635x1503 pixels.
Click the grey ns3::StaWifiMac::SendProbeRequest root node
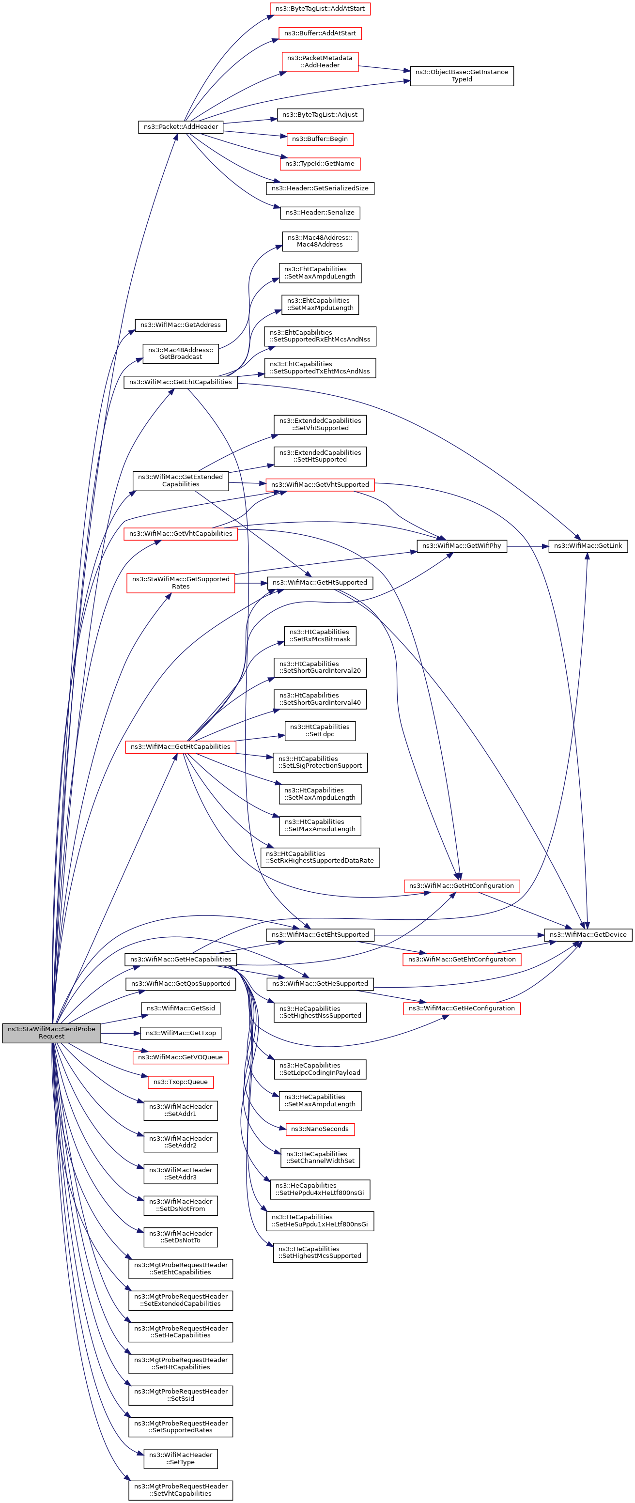(x=51, y=1033)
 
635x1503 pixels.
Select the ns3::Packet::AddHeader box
(x=180, y=126)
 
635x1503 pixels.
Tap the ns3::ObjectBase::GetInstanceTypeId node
(x=462, y=76)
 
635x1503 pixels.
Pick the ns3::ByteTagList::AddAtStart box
(x=320, y=9)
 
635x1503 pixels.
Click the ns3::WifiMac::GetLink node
(x=588, y=546)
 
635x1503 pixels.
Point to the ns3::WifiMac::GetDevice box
(x=588, y=935)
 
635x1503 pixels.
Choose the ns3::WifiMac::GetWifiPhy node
(x=462, y=546)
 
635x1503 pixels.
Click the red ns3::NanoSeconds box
(x=320, y=1129)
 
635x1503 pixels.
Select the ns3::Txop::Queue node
(x=180, y=1082)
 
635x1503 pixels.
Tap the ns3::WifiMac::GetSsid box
(x=180, y=1008)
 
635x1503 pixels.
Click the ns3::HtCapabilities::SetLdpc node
(x=320, y=730)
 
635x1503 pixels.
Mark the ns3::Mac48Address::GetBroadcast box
(x=180, y=354)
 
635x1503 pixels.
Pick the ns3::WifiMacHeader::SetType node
(x=180, y=1458)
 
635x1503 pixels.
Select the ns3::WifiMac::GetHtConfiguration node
(x=462, y=886)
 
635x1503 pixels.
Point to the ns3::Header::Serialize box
(x=320, y=212)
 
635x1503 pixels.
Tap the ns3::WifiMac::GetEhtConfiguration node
(x=462, y=959)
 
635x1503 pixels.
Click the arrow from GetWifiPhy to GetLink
(x=527, y=546)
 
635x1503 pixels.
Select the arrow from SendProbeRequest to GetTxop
(x=121, y=1033)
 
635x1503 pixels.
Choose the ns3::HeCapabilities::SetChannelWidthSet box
(x=320, y=1158)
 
